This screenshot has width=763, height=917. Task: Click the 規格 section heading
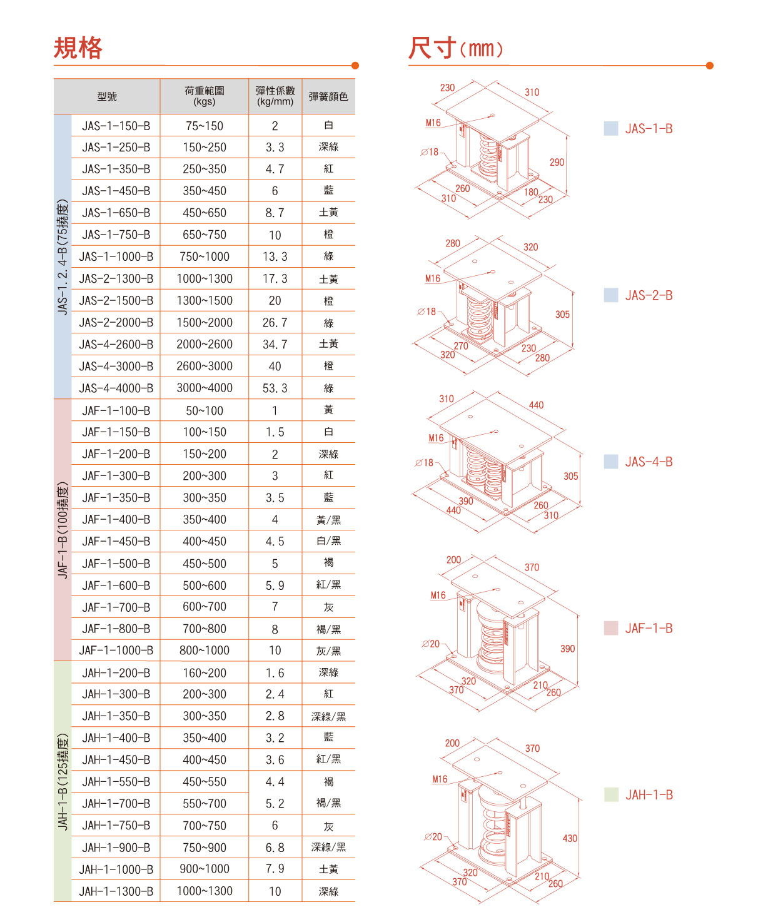pyautogui.click(x=78, y=48)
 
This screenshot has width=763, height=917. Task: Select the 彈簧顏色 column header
pyautogui.click(x=328, y=96)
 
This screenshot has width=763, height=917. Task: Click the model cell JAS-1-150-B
pyautogui.click(x=116, y=126)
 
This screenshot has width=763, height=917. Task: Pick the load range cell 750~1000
pyautogui.click(x=205, y=256)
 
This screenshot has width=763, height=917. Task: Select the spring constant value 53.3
pyautogui.click(x=275, y=388)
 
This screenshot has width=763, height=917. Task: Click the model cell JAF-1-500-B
pyautogui.click(x=116, y=564)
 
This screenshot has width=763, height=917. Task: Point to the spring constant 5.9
pyautogui.click(x=275, y=585)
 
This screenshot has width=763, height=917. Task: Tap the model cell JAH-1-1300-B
pyautogui.click(x=116, y=891)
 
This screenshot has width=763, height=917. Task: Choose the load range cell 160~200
pyautogui.click(x=205, y=673)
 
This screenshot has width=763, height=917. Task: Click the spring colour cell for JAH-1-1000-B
pyautogui.click(x=328, y=869)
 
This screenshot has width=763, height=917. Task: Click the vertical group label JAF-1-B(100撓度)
pyautogui.click(x=63, y=530)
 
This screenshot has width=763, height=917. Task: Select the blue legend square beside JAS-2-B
pyautogui.click(x=610, y=295)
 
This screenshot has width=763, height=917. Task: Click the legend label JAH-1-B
pyautogui.click(x=649, y=795)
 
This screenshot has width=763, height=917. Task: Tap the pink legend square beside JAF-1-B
pyautogui.click(x=610, y=628)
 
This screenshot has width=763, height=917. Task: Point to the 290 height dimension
pyautogui.click(x=557, y=162)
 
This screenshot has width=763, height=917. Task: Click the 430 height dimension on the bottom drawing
pyautogui.click(x=570, y=838)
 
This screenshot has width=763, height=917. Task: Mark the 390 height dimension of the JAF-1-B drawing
pyautogui.click(x=567, y=649)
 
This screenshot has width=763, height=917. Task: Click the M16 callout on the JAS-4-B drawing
pyautogui.click(x=436, y=438)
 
